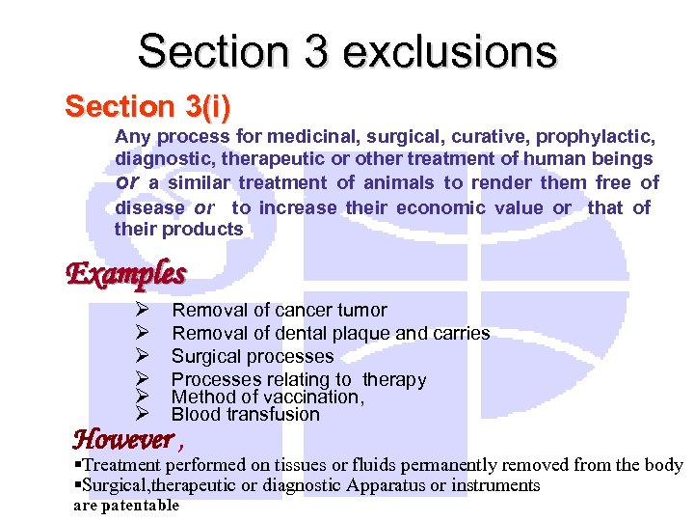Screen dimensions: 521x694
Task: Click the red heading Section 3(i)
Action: pos(147,106)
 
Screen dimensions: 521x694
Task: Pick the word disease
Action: pos(149,206)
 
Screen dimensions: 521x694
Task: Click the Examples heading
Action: pos(125,274)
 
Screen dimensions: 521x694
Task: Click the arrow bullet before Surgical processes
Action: pos(141,356)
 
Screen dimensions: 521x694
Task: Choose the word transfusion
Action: pos(273,414)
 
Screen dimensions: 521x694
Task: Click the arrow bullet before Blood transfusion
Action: pos(141,414)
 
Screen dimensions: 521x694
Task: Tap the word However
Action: pos(122,440)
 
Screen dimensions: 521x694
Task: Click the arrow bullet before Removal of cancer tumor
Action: pos(141,310)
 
